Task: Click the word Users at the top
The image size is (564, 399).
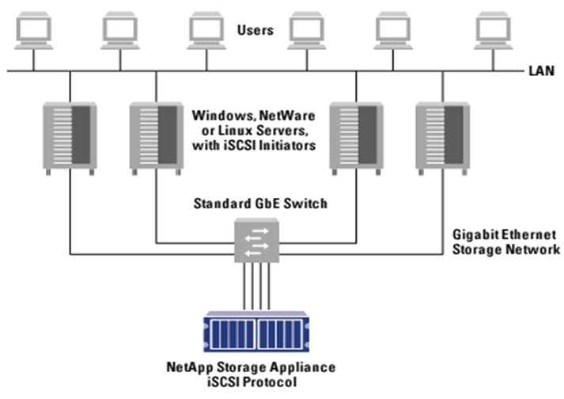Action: (x=255, y=31)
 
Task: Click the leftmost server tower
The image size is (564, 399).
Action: (x=69, y=136)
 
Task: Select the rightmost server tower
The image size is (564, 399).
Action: (x=440, y=136)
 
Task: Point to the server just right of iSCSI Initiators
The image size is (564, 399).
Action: (x=354, y=136)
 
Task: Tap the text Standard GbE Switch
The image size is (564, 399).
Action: (x=260, y=204)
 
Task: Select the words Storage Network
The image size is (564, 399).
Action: (x=502, y=249)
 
